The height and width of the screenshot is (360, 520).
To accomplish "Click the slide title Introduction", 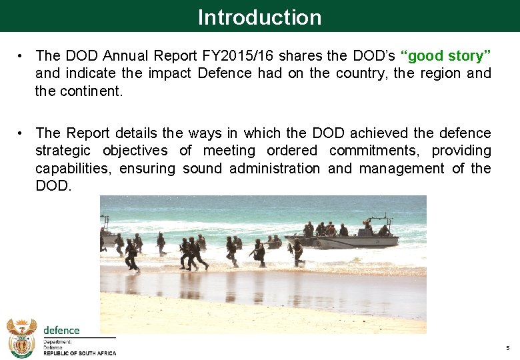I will (x=259, y=17).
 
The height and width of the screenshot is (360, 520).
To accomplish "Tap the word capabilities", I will (x=73, y=169).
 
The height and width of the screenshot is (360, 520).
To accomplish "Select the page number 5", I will (x=507, y=348).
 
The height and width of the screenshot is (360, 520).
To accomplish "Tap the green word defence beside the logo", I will (x=61, y=330).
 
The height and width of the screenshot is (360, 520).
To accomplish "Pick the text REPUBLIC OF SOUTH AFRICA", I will (x=79, y=353).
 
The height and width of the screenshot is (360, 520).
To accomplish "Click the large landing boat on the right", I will (x=347, y=237).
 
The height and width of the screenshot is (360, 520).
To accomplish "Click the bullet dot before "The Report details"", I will (x=22, y=133).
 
